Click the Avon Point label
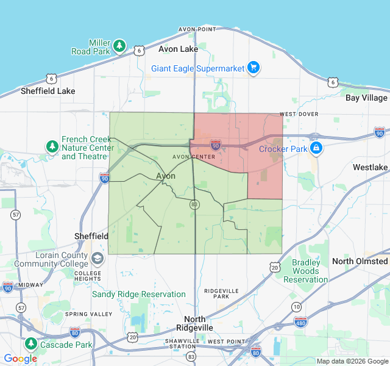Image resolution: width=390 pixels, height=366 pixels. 197,29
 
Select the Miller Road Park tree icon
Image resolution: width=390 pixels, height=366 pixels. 120,45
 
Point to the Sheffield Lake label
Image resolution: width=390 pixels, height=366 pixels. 48,91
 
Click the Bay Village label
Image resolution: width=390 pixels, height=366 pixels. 366,98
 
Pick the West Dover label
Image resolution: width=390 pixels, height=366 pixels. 299,114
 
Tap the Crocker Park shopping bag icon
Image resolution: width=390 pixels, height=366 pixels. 316,148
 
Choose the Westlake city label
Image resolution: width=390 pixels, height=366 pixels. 370,167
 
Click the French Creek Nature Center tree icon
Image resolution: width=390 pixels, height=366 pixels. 52,147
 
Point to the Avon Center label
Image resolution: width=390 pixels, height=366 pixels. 194,157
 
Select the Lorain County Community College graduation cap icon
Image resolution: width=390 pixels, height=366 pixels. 97,259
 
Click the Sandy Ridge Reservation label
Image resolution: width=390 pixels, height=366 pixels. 139,294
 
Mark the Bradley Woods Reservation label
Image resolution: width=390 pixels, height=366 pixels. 306,271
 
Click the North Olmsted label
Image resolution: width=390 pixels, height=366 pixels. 360,261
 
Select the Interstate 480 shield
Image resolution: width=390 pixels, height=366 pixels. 300,321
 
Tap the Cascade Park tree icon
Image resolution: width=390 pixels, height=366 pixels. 31,344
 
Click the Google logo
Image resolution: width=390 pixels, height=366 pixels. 21,359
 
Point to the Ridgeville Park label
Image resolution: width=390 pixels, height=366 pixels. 217,293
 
